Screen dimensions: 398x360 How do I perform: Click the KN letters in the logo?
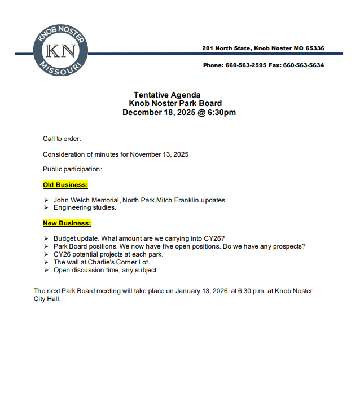60,51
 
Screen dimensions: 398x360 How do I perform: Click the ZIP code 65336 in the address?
315,48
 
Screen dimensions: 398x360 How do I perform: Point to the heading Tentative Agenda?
167,95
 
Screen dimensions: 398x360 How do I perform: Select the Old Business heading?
65,185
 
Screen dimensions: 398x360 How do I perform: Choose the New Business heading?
67,223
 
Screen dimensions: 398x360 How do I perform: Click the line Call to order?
62,139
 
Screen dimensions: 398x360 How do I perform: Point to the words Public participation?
72,169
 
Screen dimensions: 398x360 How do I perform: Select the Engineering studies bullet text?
85,207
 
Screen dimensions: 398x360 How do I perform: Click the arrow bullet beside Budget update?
46,238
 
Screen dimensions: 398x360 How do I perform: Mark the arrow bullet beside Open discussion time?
46,270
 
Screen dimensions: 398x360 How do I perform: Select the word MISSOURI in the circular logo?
60,72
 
